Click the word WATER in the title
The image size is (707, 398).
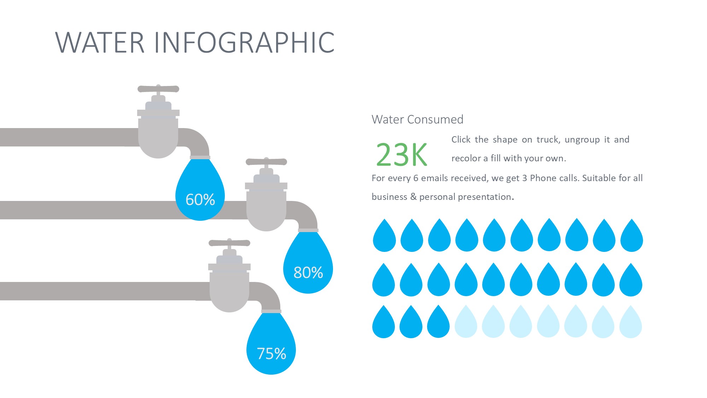[100, 42]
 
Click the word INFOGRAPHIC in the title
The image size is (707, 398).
[244, 42]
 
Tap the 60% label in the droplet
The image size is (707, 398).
[200, 200]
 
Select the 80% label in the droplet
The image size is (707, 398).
[308, 272]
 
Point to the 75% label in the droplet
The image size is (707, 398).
[271, 353]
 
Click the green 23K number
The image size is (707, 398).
[402, 155]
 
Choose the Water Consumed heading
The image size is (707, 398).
[417, 120]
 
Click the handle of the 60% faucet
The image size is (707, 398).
[158, 88]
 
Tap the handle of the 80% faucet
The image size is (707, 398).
[266, 162]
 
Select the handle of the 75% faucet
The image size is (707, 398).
[229, 243]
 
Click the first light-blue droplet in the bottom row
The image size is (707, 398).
[466, 322]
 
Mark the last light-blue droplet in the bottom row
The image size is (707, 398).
[631, 322]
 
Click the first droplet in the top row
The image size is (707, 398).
[384, 236]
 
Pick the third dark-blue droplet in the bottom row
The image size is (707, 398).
[438, 322]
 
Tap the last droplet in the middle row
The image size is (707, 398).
[631, 280]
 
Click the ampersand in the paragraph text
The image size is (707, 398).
[413, 197]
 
